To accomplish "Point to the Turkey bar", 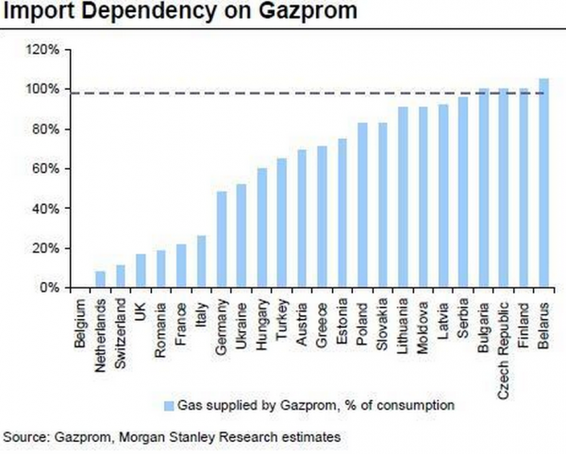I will pos(282,223).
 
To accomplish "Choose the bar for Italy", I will pos(201,261).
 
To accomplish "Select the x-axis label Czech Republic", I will pos(503,337).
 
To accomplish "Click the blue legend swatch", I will pos(171,406).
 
